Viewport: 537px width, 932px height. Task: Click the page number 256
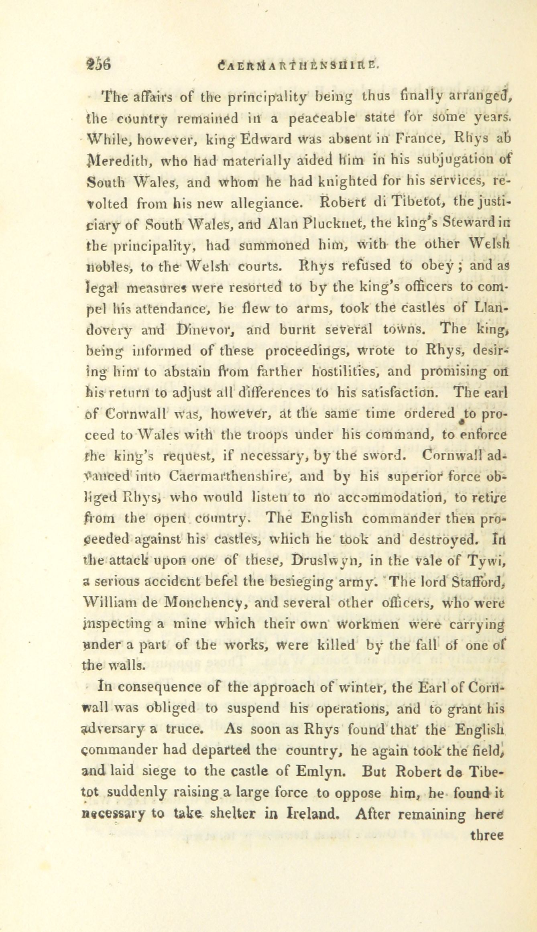pyautogui.click(x=100, y=65)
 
